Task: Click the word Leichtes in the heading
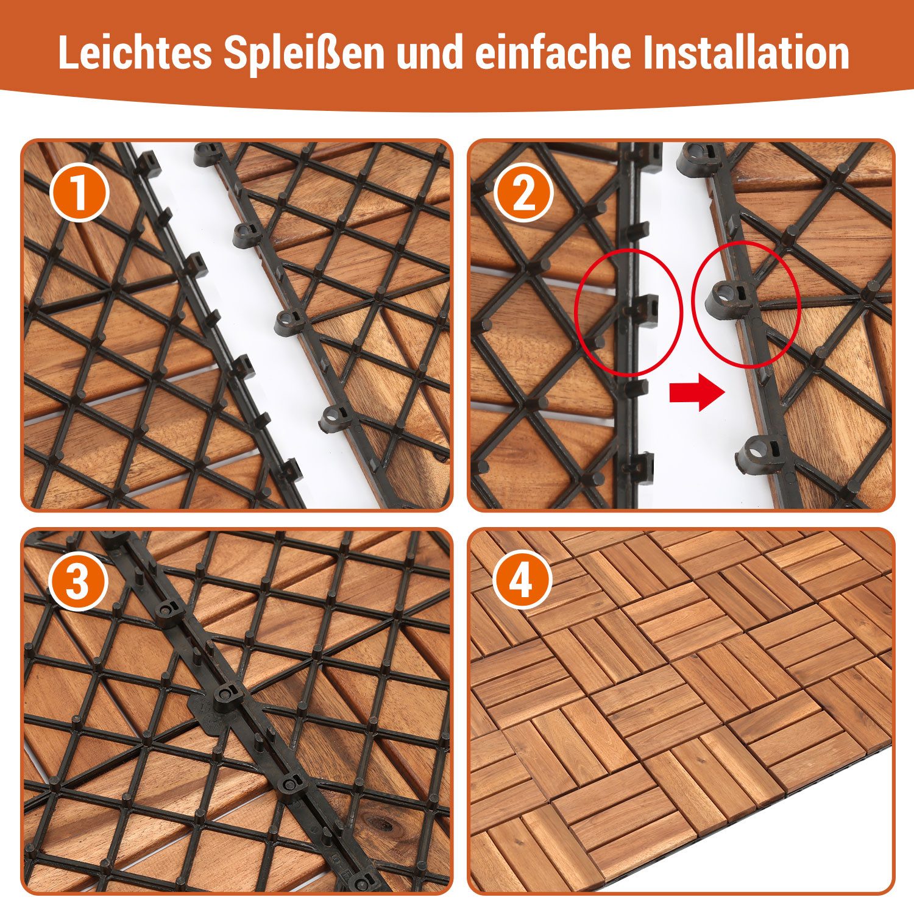click(135, 54)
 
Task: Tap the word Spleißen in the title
click(303, 54)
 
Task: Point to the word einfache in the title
click(552, 54)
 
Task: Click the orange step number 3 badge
click(79, 581)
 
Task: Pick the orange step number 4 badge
click(522, 581)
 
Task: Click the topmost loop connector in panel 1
click(207, 154)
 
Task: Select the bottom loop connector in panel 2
click(759, 454)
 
